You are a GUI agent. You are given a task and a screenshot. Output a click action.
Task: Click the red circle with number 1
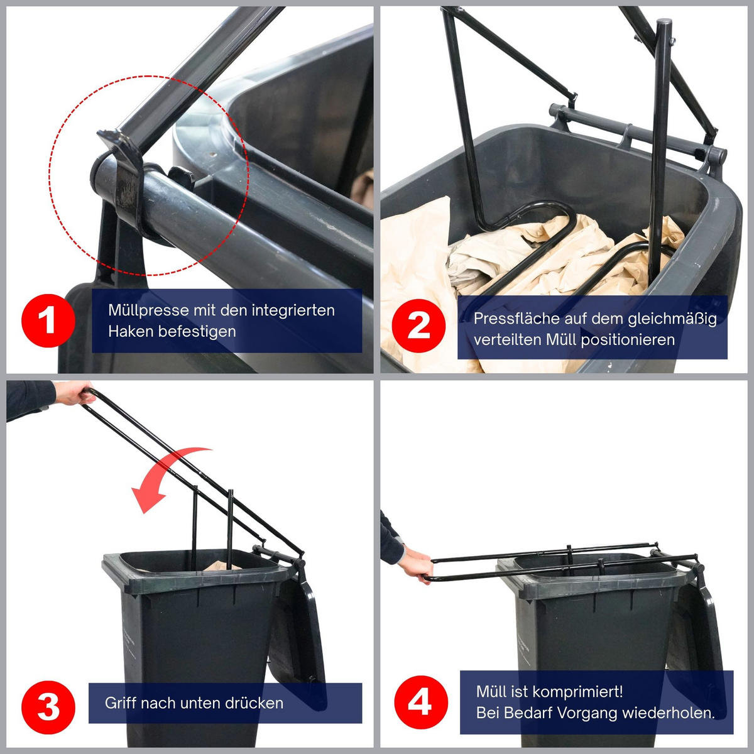(48, 320)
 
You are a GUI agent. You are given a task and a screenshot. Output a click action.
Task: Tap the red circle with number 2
(419, 326)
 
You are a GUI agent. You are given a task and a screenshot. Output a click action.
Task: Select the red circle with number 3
(48, 706)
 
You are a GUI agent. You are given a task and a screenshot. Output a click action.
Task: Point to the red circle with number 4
(420, 702)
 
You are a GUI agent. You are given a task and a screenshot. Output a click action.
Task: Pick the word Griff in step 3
(121, 703)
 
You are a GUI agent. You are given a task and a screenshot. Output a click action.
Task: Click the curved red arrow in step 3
(167, 476)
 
